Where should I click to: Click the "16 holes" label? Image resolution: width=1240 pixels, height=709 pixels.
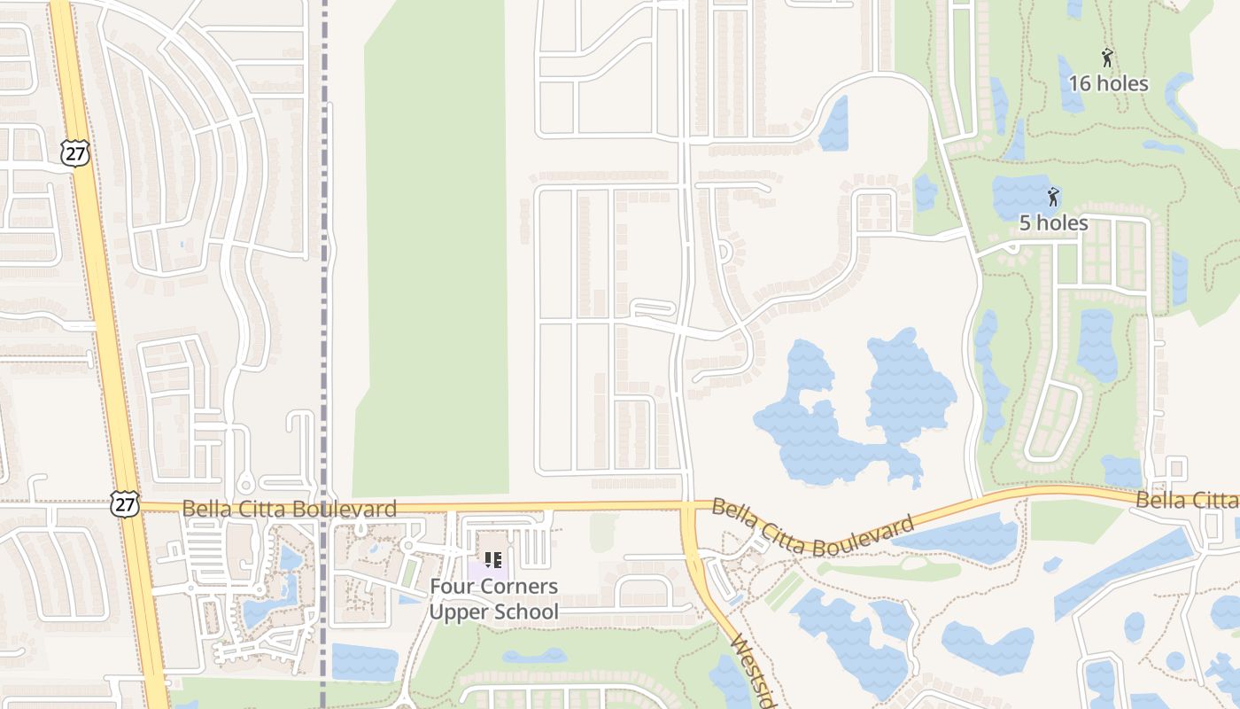pyautogui.click(x=1108, y=84)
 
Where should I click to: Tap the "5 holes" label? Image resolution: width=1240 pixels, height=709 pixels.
pyautogui.click(x=1053, y=222)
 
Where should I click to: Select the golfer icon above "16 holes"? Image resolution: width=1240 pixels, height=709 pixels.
pyautogui.click(x=1107, y=58)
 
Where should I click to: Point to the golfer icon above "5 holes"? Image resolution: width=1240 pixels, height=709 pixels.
pyautogui.click(x=1053, y=197)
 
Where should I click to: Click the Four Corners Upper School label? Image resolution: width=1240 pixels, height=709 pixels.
pyautogui.click(x=494, y=599)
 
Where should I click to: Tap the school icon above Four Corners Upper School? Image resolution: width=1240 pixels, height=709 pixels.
pyautogui.click(x=493, y=560)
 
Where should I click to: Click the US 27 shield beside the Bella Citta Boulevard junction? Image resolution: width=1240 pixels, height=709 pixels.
pyautogui.click(x=125, y=504)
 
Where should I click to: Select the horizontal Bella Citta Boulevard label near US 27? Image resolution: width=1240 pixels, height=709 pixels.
pyautogui.click(x=289, y=510)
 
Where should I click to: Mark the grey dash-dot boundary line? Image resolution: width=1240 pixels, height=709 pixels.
pyautogui.click(x=324, y=266)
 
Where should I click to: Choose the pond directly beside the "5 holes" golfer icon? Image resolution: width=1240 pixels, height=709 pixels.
pyautogui.click(x=1019, y=197)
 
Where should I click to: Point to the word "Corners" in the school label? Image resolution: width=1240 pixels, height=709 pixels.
pyautogui.click(x=523, y=587)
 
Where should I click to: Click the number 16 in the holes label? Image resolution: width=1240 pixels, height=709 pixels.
pyautogui.click(x=1081, y=84)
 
